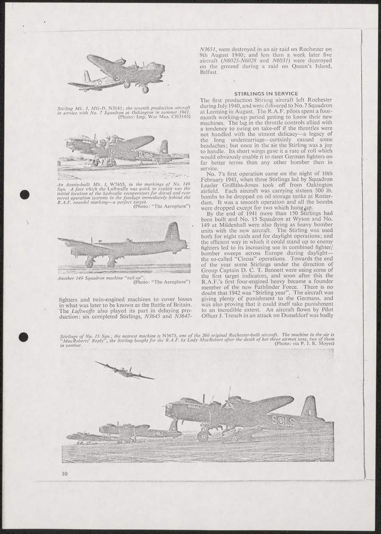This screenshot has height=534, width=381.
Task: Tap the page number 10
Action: [64, 473]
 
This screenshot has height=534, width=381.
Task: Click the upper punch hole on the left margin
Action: [24, 194]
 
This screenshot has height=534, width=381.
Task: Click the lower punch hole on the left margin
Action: [23, 337]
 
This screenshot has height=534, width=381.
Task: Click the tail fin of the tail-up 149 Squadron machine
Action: [172, 232]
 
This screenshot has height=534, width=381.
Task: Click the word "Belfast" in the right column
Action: [209, 72]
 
